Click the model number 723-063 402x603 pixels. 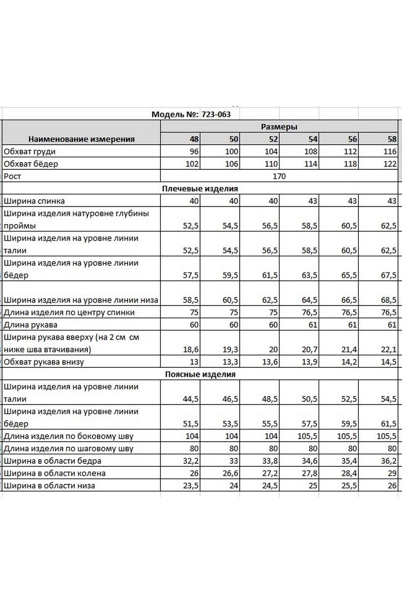click(x=216, y=114)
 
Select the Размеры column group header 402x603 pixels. click(x=279, y=127)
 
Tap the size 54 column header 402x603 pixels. click(x=312, y=139)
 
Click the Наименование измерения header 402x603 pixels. click(x=81, y=139)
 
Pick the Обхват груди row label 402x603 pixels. click(x=30, y=151)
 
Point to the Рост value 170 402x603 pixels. click(x=279, y=176)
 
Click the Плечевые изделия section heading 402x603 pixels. click(x=200, y=188)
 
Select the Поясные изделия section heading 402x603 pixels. click(x=200, y=374)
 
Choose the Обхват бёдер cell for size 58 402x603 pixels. click(x=389, y=164)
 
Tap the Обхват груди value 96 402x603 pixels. click(x=194, y=151)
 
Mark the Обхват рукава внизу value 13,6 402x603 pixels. click(x=270, y=362)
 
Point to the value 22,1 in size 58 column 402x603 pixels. click(x=389, y=349)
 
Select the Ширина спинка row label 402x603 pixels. click(x=34, y=201)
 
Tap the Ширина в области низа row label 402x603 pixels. click(x=49, y=485)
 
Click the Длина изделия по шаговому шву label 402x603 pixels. click(x=68, y=448)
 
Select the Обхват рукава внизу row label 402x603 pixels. click(x=44, y=362)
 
